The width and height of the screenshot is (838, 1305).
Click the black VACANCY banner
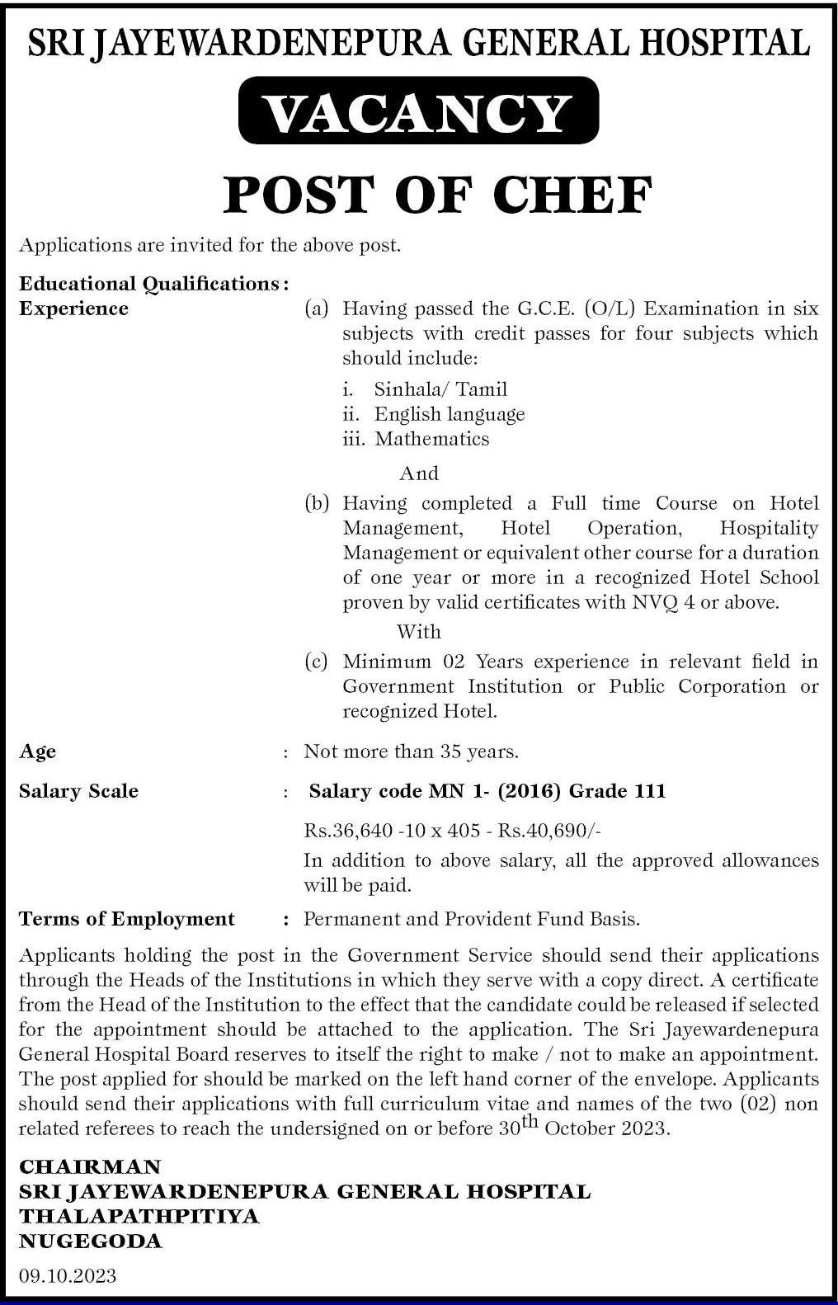click(x=418, y=111)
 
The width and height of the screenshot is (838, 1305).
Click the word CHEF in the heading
click(x=572, y=195)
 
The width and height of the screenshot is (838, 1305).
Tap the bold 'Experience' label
click(x=73, y=309)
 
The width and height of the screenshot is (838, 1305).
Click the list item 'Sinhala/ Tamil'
click(x=440, y=389)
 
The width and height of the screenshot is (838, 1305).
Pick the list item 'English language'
click(x=450, y=414)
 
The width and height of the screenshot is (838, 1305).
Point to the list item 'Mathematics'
click(x=431, y=439)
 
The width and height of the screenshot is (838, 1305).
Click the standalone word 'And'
click(x=419, y=473)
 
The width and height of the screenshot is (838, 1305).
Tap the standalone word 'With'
click(x=419, y=632)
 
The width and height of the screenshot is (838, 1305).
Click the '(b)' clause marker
click(x=317, y=503)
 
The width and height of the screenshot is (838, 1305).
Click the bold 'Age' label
click(x=38, y=751)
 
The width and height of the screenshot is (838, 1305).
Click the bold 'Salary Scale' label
click(x=78, y=791)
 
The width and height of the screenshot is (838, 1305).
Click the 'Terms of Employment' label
click(x=127, y=919)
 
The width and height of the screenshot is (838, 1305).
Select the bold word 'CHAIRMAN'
click(x=90, y=1166)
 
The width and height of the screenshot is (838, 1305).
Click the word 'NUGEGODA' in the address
click(x=91, y=1241)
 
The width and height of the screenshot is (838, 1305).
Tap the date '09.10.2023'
click(x=68, y=1276)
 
